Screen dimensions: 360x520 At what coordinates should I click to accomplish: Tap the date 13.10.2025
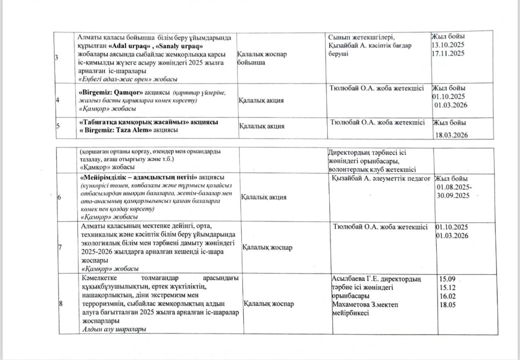point(448,44)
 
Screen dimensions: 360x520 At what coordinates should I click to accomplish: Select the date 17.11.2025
point(448,52)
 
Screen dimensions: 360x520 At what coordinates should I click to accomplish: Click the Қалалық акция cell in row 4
point(261,100)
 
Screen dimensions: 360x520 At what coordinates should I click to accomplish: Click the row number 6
point(59,197)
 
